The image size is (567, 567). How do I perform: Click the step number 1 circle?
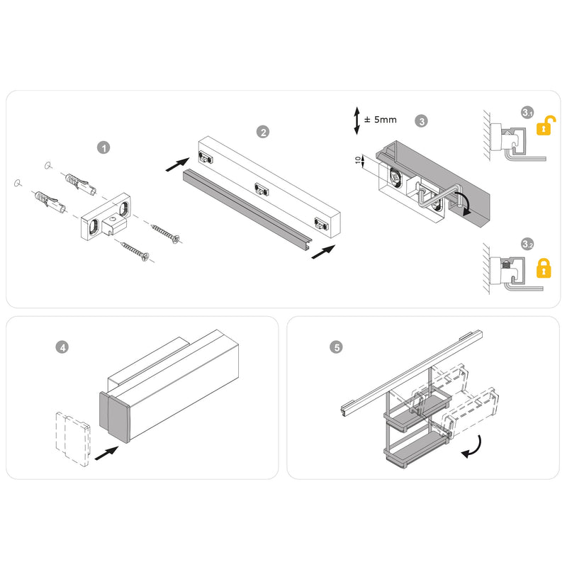tap(104, 147)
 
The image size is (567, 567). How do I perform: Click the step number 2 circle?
tap(263, 132)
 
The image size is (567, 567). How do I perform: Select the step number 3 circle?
tap(422, 120)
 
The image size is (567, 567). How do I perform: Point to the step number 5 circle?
tap(337, 347)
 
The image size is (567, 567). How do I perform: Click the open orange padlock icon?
tap(546, 125)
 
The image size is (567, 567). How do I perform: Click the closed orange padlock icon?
tap(544, 268)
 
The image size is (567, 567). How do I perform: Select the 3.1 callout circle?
tap(527, 113)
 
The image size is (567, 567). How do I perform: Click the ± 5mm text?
tap(380, 120)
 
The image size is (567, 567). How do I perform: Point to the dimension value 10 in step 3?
tap(359, 161)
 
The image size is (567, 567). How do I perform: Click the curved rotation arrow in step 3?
tap(461, 201)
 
